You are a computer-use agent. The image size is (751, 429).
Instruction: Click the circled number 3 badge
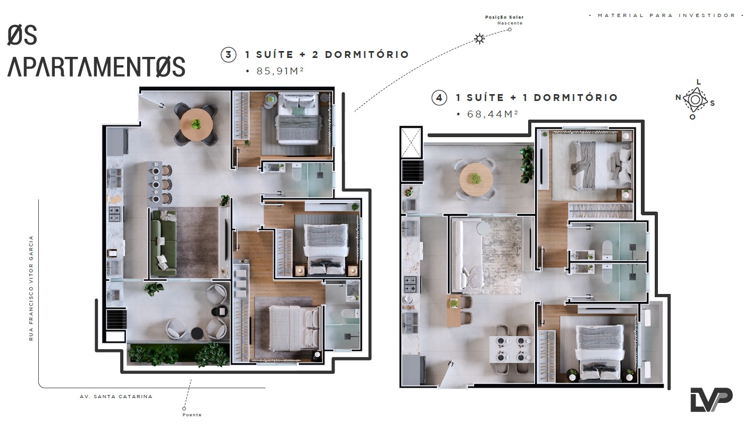(228, 55)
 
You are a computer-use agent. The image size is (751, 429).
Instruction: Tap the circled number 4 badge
(439, 98)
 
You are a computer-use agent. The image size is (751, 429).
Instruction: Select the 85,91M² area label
(280, 71)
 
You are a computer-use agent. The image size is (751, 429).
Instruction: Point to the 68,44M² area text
(492, 114)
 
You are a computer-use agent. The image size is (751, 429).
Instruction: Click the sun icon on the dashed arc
(479, 39)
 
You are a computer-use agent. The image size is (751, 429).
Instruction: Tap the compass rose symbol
(695, 100)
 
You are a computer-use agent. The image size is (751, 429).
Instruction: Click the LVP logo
(711, 400)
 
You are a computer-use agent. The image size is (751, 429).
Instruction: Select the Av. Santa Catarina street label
(116, 397)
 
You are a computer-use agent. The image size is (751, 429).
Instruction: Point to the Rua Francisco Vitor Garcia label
(31, 288)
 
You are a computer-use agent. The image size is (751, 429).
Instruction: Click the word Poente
(192, 415)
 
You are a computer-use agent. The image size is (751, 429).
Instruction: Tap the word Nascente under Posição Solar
(510, 23)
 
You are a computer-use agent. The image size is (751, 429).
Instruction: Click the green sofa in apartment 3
(164, 243)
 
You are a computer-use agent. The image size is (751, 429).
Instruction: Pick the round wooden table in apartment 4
(476, 179)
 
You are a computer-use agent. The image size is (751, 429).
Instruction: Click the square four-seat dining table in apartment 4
(511, 349)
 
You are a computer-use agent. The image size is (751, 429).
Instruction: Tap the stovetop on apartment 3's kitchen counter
(115, 214)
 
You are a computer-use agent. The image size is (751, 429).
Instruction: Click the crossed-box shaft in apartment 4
(411, 142)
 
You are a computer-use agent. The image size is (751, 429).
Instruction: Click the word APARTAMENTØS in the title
(96, 66)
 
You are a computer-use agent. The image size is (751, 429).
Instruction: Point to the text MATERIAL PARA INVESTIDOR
(666, 15)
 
